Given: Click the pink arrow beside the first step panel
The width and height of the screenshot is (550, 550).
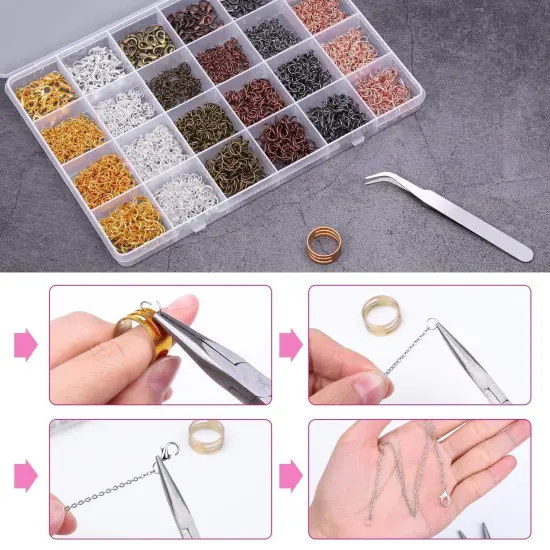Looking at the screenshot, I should (x=24, y=346).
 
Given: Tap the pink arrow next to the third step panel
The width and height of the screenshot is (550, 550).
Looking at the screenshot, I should (x=24, y=470).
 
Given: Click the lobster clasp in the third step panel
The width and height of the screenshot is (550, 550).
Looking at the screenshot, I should (x=169, y=455).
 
